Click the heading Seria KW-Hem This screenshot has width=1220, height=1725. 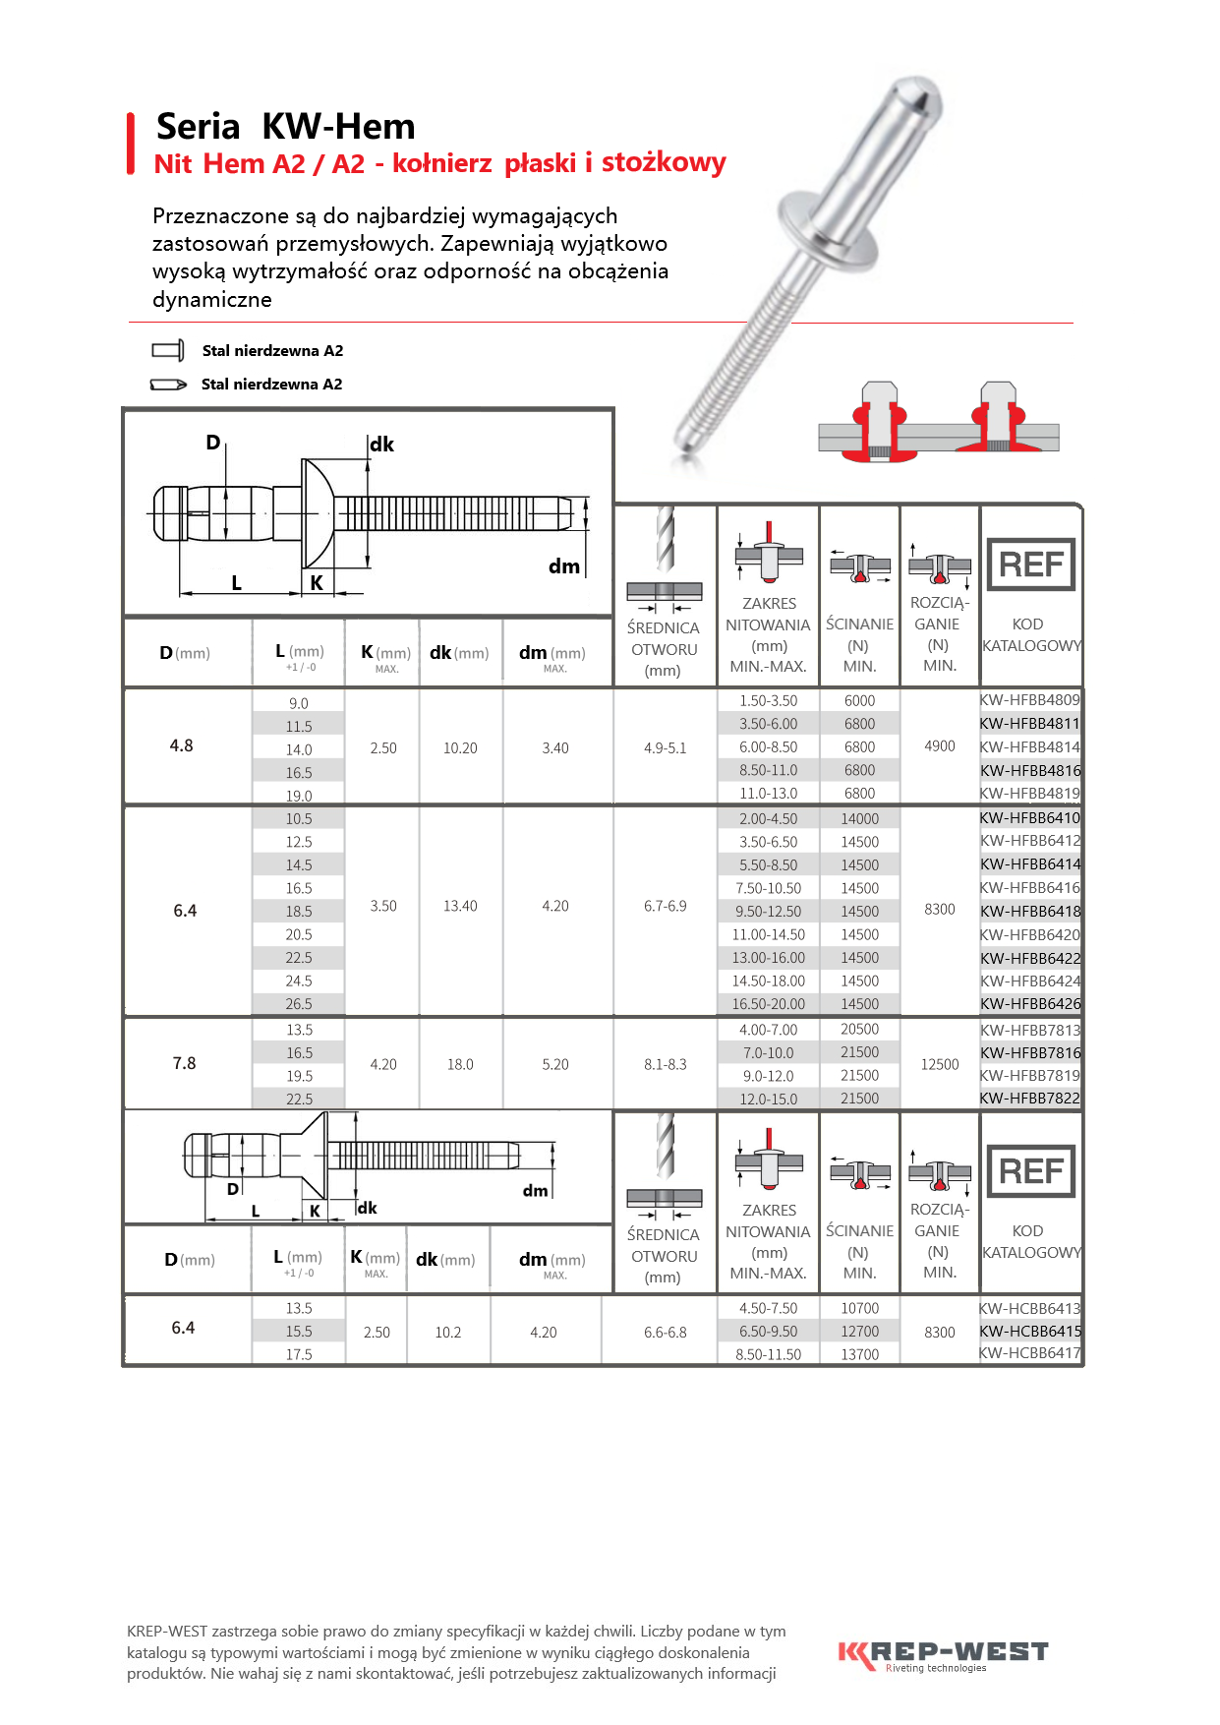285,127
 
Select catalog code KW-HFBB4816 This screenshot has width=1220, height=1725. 1029,771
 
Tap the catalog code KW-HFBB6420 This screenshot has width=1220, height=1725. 1029,935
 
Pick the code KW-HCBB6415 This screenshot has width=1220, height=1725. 1029,1332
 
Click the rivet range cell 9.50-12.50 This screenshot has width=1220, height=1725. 768,912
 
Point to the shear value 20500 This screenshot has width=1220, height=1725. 859,1030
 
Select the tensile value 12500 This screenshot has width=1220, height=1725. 939,1064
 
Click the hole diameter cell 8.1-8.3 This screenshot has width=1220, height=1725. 665,1064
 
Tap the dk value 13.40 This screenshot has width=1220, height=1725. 460,906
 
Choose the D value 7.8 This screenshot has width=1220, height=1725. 184,1063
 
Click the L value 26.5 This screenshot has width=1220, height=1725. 299,1004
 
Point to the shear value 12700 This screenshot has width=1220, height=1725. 859,1332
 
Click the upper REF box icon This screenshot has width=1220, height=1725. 1030,565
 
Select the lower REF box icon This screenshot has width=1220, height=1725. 1030,1171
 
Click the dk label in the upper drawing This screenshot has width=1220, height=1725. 381,445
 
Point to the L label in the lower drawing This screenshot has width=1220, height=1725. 256,1212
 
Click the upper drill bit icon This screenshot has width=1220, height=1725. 665,539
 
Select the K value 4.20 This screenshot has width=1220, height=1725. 383,1064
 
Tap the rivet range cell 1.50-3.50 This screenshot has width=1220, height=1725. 768,701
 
